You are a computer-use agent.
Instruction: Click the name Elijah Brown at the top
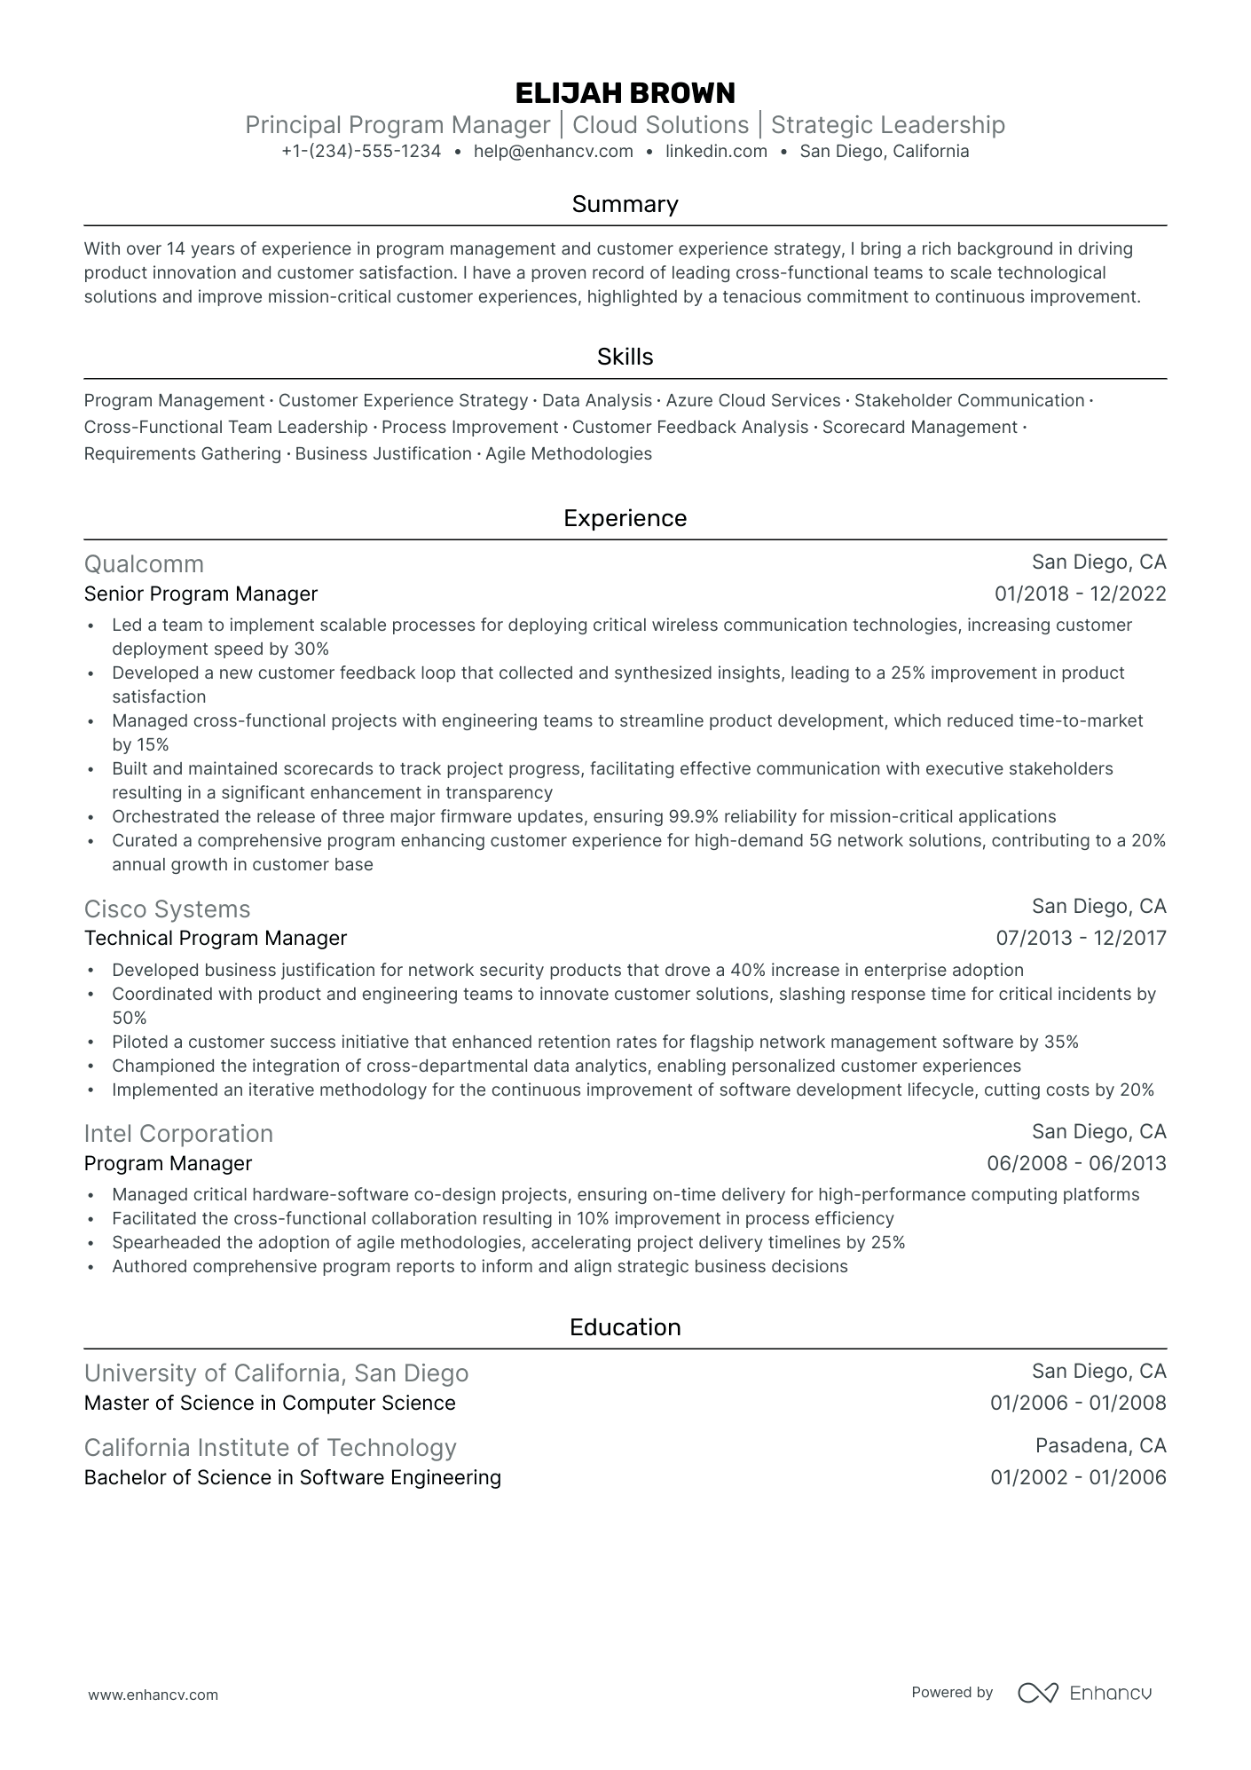pyautogui.click(x=625, y=93)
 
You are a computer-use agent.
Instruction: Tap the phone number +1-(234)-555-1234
pyautogui.click(x=361, y=152)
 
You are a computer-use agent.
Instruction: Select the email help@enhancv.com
pyautogui.click(x=554, y=152)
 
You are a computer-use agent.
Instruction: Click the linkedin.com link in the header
pyautogui.click(x=716, y=152)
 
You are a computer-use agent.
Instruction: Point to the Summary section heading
pyautogui.click(x=625, y=205)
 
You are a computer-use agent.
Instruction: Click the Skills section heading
pyautogui.click(x=625, y=358)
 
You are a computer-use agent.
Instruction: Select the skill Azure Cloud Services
pyautogui.click(x=753, y=401)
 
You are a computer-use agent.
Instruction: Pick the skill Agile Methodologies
pyautogui.click(x=569, y=454)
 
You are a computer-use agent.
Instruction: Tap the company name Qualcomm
pyautogui.click(x=144, y=564)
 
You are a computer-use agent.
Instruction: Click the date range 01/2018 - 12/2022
pyautogui.click(x=1080, y=594)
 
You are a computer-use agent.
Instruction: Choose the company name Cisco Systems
pyautogui.click(x=167, y=909)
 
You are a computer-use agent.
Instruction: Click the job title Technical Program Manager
pyautogui.click(x=216, y=939)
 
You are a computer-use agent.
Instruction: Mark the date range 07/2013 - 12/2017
pyautogui.click(x=1081, y=939)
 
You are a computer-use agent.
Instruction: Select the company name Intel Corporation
pyautogui.click(x=178, y=1134)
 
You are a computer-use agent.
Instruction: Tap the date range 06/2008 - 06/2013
pyautogui.click(x=1076, y=1164)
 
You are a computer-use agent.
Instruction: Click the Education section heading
pyautogui.click(x=625, y=1327)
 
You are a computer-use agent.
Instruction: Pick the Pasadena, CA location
pyautogui.click(x=1100, y=1446)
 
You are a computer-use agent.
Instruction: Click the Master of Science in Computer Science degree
pyautogui.click(x=270, y=1404)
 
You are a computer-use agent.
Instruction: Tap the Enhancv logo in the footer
pyautogui.click(x=1084, y=1693)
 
